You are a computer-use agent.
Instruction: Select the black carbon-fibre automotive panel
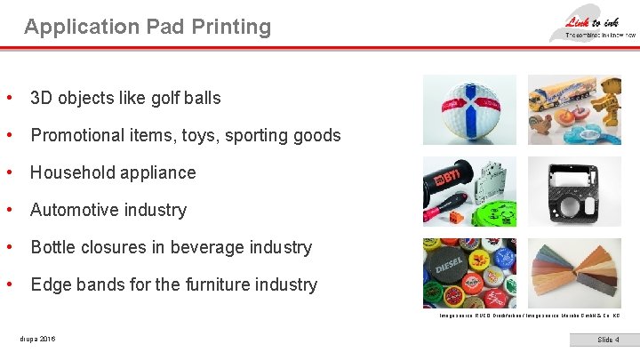562,190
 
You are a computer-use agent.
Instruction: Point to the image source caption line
529,316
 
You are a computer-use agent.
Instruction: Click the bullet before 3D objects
9,98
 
